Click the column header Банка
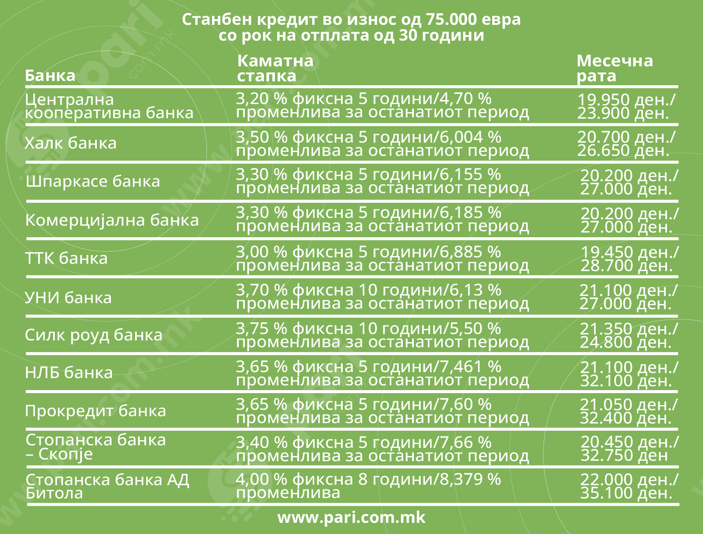(50, 75)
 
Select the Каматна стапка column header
(275, 68)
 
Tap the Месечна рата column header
(614, 68)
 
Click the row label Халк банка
(71, 143)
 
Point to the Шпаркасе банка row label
(93, 181)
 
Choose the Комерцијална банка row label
(112, 220)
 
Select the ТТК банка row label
(66, 258)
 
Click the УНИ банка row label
(68, 297)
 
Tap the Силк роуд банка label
(93, 335)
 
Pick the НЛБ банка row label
(69, 373)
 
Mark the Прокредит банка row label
(95, 411)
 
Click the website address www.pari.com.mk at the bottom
(351, 517)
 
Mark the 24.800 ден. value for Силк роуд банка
(625, 342)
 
